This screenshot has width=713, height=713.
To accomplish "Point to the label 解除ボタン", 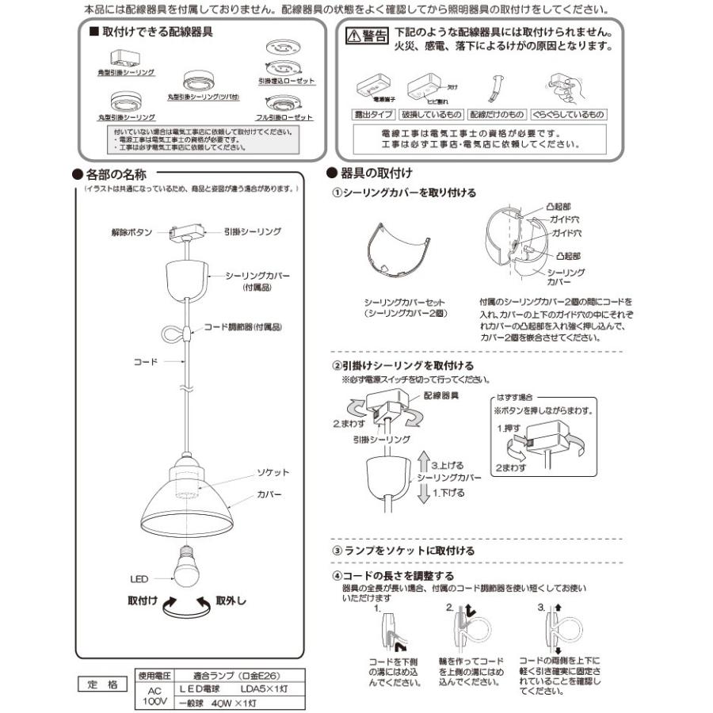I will click(131, 233).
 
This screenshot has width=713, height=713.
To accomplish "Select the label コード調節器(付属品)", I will click(243, 326).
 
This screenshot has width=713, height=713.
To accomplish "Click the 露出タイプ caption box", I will click(372, 115).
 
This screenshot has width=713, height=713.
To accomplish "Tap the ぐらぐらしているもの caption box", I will click(567, 115).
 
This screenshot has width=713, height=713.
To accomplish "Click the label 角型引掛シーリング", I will click(130, 72).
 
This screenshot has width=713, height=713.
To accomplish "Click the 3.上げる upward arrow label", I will click(445, 465).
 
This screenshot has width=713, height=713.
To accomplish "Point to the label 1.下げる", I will click(445, 492).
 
